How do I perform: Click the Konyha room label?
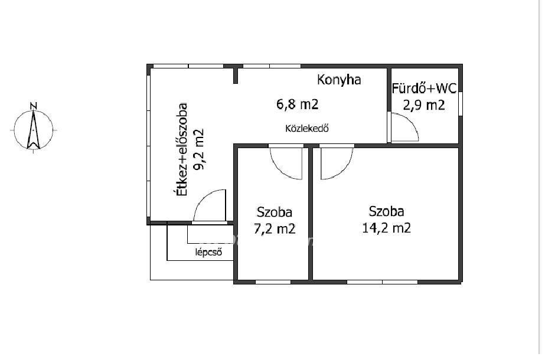pyautogui.click(x=339, y=80)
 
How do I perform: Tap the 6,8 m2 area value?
pyautogui.click(x=297, y=104)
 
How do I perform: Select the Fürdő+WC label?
pyautogui.click(x=424, y=89)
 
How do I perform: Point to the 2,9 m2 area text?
pyautogui.click(x=424, y=105)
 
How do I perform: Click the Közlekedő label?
pyautogui.click(x=307, y=129)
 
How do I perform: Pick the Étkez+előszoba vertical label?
pyautogui.click(x=182, y=149)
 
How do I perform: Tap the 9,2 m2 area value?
pyautogui.click(x=198, y=150)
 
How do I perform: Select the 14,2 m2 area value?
pyautogui.click(x=386, y=228)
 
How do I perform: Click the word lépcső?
pyautogui.click(x=208, y=252)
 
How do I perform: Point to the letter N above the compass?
pyautogui.click(x=34, y=106)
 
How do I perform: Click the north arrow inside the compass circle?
pyautogui.click(x=34, y=130)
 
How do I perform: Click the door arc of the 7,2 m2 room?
pyautogui.click(x=280, y=172)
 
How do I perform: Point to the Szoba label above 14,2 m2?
pyautogui.click(x=386, y=211)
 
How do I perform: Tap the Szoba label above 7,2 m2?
pyautogui.click(x=274, y=212)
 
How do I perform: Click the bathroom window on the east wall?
pyautogui.click(x=461, y=103)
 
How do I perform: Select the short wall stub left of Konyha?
pyautogui.click(x=236, y=76)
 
